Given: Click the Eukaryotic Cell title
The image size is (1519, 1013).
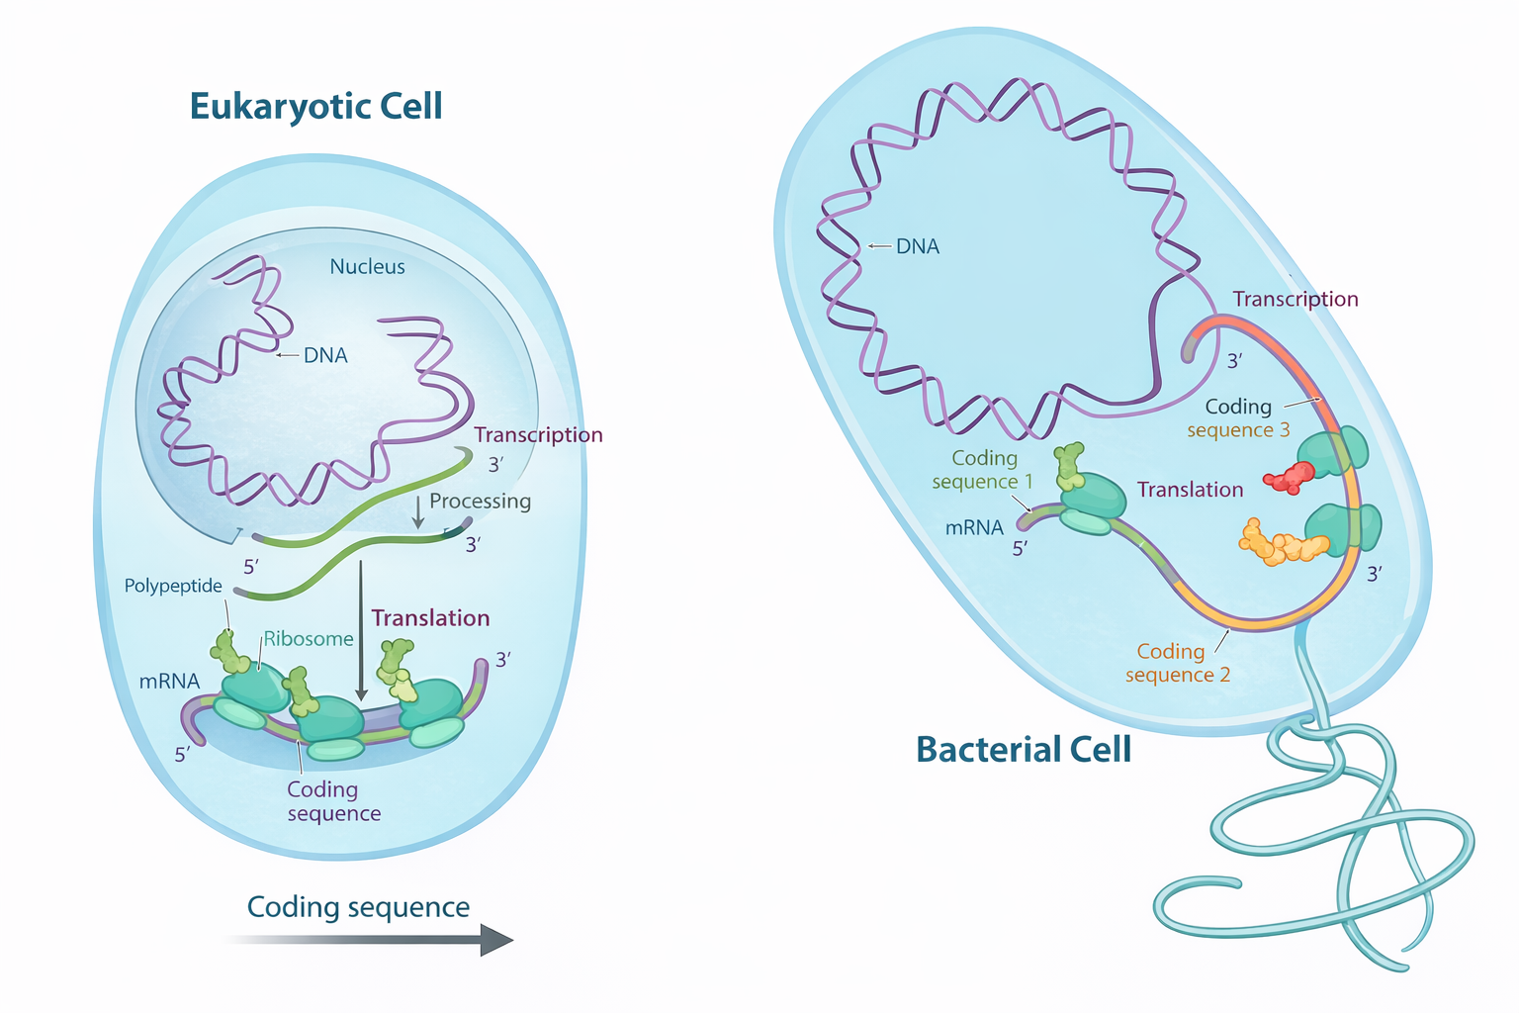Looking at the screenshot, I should tap(315, 107).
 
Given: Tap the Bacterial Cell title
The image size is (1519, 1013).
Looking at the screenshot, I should tap(1024, 749).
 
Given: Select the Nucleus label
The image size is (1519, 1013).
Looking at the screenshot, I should tap(367, 267).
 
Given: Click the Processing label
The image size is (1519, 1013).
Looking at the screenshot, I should tap(480, 502).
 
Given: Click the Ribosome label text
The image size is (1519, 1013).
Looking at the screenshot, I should tap(308, 639).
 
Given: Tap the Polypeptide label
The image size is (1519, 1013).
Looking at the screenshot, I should tap(173, 586).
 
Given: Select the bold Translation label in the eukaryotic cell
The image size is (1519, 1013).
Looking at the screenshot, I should tap(430, 618).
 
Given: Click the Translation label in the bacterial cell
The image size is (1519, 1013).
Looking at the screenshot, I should tap(1190, 490).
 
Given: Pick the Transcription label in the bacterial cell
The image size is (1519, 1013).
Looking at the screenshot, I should tap(1296, 299).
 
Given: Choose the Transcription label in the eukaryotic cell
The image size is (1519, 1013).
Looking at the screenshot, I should tap(538, 435).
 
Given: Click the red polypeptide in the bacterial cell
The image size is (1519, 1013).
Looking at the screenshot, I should tap(1289, 477).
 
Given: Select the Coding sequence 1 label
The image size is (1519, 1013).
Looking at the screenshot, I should tap(982, 470).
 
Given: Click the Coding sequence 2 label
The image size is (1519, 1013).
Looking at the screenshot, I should tap(1177, 663).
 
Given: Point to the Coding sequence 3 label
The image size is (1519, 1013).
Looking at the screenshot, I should tap(1238, 418).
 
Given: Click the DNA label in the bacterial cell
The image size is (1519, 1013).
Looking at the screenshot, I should tap(917, 246).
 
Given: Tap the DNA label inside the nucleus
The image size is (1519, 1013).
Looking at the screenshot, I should tap(325, 355).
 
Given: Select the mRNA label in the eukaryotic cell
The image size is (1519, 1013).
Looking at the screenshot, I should tap(169, 681).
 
